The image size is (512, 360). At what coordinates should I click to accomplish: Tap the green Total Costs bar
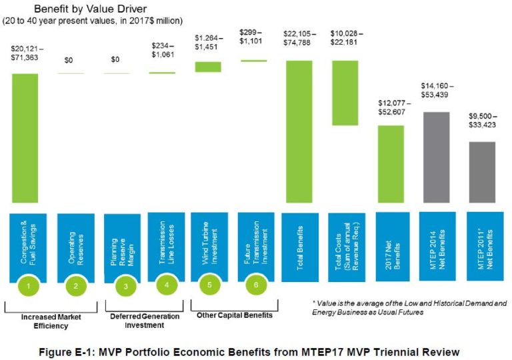pos(345,93)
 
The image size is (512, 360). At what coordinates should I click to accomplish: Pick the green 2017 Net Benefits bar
pos(391,164)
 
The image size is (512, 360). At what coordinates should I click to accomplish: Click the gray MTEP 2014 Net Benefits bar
pos(437,157)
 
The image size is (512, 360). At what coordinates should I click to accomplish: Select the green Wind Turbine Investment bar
pos(207,67)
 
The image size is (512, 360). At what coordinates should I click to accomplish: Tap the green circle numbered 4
pos(167,285)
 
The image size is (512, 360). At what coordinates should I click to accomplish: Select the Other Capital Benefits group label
pos(231,315)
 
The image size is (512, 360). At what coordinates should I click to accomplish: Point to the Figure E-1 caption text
pos(255,350)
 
